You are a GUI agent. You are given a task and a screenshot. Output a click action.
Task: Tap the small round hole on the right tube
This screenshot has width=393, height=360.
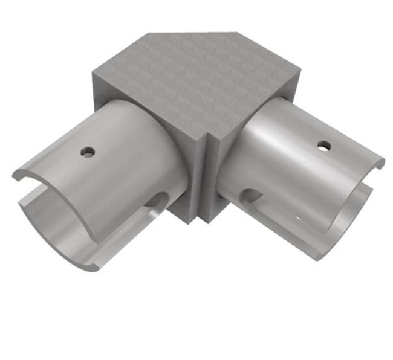click(324, 146)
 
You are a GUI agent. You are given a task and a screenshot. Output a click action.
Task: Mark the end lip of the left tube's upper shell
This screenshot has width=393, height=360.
click(24, 176)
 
